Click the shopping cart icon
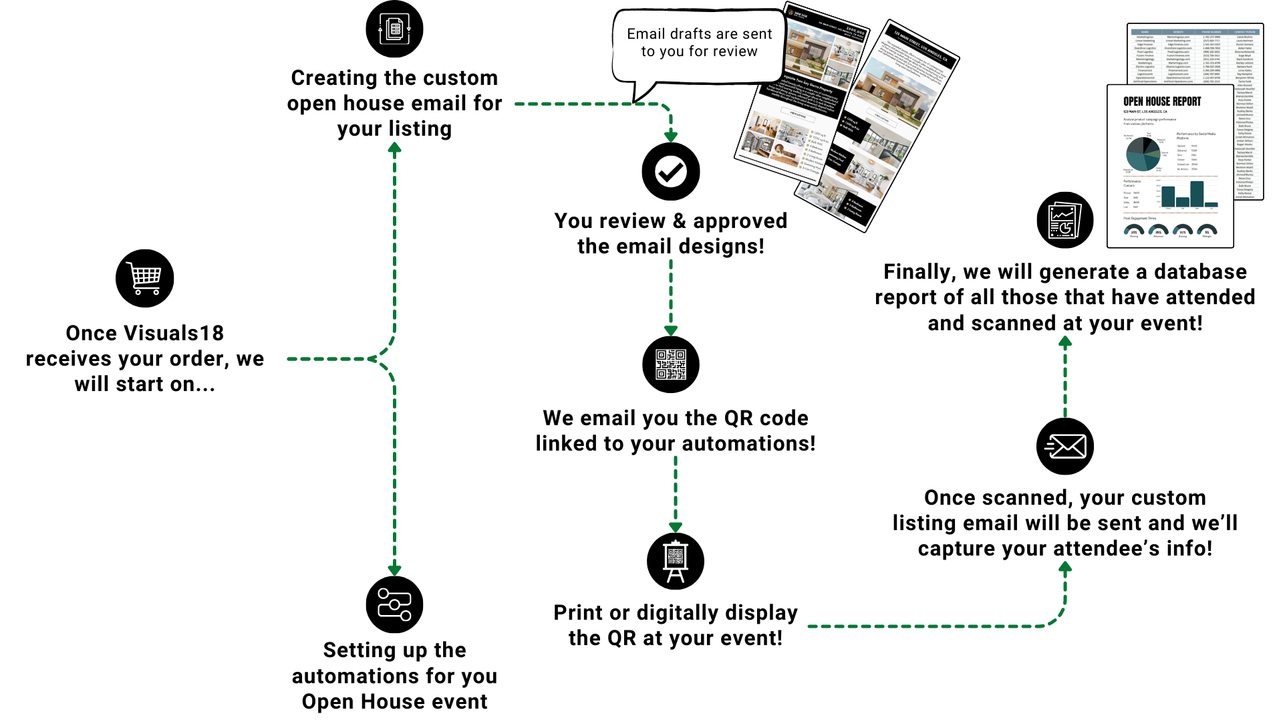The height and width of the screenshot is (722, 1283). coord(144,278)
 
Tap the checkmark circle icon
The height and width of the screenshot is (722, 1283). coord(671,172)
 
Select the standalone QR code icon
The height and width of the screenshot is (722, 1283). coord(671,364)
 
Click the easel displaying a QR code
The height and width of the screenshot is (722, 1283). coord(676,561)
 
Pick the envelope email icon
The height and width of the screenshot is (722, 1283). coord(1066,447)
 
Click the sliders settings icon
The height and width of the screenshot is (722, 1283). coord(394,604)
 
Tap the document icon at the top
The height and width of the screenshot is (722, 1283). coord(394,29)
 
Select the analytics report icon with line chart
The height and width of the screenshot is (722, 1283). coord(1064,221)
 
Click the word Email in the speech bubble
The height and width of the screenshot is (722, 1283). coord(646,34)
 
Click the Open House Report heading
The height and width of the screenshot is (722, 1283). coord(1162,102)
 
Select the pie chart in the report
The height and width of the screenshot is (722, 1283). coord(1143,154)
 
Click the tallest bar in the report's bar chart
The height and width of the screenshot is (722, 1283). coord(1197,194)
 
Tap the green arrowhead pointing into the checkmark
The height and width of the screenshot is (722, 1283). coord(671,136)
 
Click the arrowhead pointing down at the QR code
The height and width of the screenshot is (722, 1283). coord(671,330)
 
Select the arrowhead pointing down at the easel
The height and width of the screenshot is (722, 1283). coord(676,527)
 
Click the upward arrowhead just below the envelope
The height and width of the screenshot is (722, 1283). coord(1065,568)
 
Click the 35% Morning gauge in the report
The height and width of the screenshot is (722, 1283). coord(1134,231)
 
